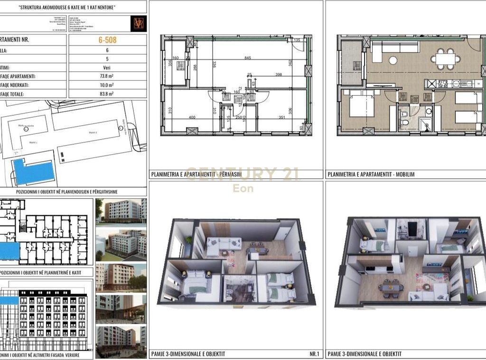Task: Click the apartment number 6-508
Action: (x=107, y=40)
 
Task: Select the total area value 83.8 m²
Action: (x=107, y=94)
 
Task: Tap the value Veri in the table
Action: (x=107, y=68)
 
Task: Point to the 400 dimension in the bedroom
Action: (x=192, y=117)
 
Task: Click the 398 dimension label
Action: (x=279, y=74)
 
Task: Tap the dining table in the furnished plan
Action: (x=446, y=58)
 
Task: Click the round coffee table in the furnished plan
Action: (x=393, y=60)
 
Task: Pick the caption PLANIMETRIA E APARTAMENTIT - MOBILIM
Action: (x=371, y=175)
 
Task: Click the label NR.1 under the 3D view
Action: (x=314, y=354)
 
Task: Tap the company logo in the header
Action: (x=138, y=24)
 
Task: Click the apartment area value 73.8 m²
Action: (x=107, y=76)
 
